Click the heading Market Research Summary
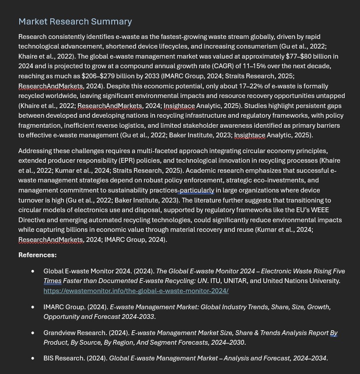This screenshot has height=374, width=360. point(75,21)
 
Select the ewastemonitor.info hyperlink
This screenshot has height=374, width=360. point(136,290)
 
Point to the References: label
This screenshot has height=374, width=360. point(37,255)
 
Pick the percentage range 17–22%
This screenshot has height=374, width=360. point(251,86)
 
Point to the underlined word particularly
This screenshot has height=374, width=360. point(197,190)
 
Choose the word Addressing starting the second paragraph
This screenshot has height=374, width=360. point(35,150)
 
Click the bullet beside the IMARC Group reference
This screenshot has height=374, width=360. point(33,308)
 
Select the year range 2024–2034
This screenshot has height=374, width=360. point(309,358)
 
